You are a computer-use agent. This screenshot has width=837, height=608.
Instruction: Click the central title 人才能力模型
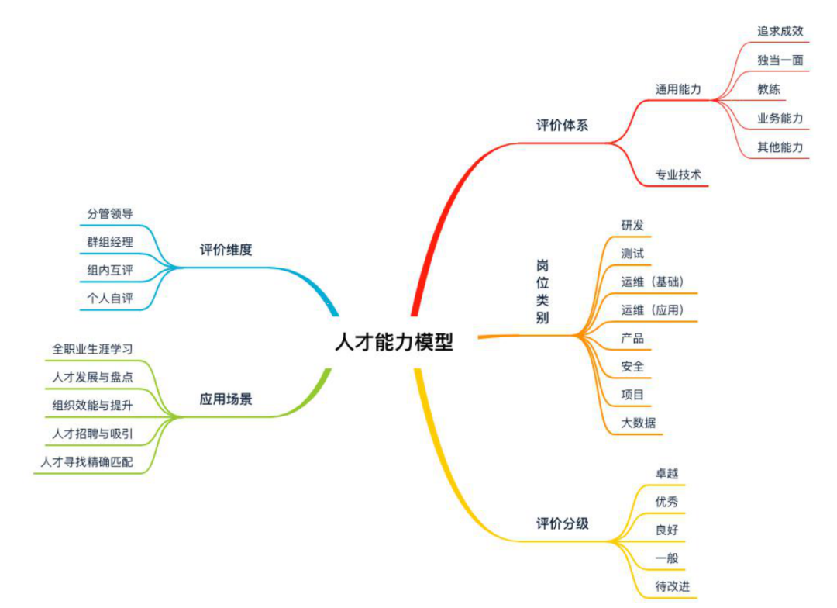[394, 342]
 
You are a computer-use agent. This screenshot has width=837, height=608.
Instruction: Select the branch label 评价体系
[562, 126]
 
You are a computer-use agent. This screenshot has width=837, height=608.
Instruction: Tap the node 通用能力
[678, 89]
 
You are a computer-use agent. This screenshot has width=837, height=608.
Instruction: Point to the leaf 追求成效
[780, 32]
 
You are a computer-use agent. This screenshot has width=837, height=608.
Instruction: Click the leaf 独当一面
[780, 60]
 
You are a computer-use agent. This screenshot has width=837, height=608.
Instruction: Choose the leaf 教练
[769, 89]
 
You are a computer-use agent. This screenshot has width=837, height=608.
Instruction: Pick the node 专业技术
[678, 175]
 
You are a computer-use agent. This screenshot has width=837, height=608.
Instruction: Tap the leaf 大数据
[638, 423]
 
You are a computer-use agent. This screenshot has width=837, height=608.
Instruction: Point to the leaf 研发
[632, 225]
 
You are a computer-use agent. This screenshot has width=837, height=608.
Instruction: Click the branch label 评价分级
[562, 523]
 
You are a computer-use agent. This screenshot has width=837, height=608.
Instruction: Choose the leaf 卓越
[666, 473]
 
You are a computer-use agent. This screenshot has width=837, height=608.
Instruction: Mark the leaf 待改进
[672, 586]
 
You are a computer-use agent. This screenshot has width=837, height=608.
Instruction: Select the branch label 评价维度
[226, 250]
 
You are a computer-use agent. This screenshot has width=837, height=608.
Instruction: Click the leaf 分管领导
[110, 213]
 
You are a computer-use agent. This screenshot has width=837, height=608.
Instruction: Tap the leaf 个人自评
[110, 298]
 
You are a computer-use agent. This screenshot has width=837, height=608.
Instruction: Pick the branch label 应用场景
[226, 400]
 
